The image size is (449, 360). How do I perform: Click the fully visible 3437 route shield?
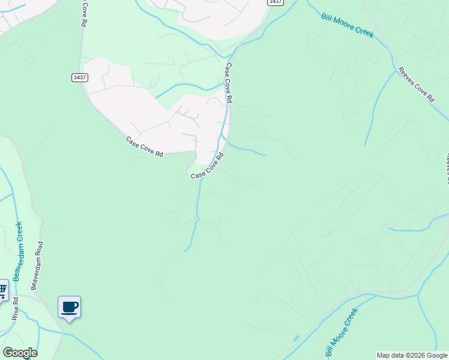[x=79, y=77]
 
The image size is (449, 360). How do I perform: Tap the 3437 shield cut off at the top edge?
[x=276, y=2]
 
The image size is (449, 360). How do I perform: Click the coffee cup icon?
[x=70, y=307]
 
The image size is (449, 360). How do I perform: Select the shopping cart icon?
[x=2, y=291]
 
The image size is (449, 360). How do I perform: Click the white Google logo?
[x=20, y=352]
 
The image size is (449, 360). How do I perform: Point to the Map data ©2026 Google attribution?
[x=412, y=355]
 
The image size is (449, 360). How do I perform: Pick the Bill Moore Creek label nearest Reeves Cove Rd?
[x=347, y=26]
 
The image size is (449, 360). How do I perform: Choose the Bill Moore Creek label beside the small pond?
[x=340, y=332]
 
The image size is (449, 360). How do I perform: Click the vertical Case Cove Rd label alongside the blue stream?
[x=229, y=82]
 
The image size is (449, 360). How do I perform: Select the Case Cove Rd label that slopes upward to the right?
[x=208, y=166]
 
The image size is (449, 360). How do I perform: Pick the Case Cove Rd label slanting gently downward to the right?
[x=144, y=147]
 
